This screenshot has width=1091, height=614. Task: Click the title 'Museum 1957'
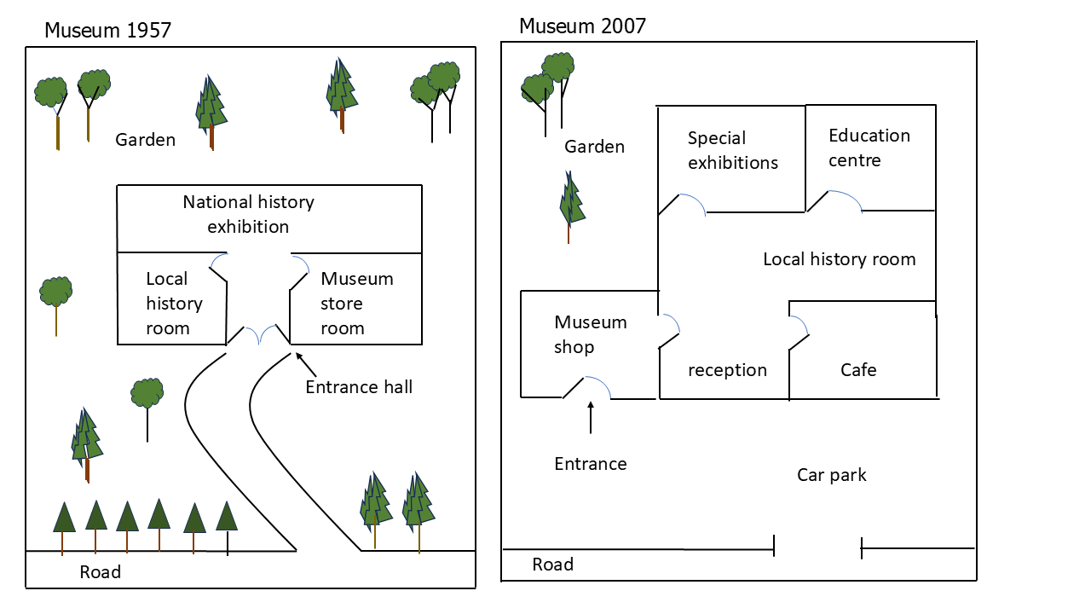point(107,30)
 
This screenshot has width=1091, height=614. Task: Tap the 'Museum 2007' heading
point(582,26)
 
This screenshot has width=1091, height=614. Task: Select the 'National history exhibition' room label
point(248,214)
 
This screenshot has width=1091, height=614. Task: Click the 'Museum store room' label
point(357,303)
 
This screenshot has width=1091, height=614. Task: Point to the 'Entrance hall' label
point(359,387)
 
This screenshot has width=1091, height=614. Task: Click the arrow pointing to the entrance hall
point(306,364)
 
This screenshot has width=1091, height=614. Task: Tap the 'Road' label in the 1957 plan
point(101,571)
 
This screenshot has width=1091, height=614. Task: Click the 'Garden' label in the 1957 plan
point(145,140)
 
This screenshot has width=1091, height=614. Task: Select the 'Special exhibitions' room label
point(733,150)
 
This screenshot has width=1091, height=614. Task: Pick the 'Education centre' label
point(869,148)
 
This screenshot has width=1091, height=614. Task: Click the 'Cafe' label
point(858,370)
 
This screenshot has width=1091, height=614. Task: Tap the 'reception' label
point(728,370)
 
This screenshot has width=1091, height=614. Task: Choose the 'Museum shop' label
point(591,334)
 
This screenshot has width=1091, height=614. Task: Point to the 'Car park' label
point(831,475)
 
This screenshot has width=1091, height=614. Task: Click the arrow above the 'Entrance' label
point(591,418)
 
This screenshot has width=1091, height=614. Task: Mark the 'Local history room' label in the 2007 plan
point(840,259)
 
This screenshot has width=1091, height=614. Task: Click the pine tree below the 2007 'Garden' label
point(571,206)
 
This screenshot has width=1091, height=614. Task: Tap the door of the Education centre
point(834,200)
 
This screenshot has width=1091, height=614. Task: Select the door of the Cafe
point(799,333)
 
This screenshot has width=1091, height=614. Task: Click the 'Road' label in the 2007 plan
point(553,565)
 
